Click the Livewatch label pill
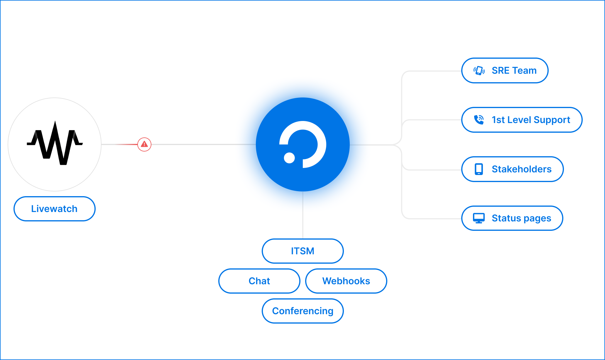click(55, 209)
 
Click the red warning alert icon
click(144, 144)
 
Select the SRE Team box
click(505, 70)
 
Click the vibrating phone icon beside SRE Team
click(479, 70)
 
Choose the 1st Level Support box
click(522, 120)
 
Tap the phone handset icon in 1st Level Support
click(479, 120)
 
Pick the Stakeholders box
click(512, 169)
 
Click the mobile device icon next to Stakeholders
click(479, 169)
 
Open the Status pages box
click(512, 218)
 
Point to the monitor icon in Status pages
click(479, 218)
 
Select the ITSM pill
click(302, 251)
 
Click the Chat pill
click(259, 281)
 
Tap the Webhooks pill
click(346, 281)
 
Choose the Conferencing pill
click(302, 311)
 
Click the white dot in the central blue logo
click(289, 158)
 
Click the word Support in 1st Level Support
click(552, 120)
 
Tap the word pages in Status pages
click(537, 218)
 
